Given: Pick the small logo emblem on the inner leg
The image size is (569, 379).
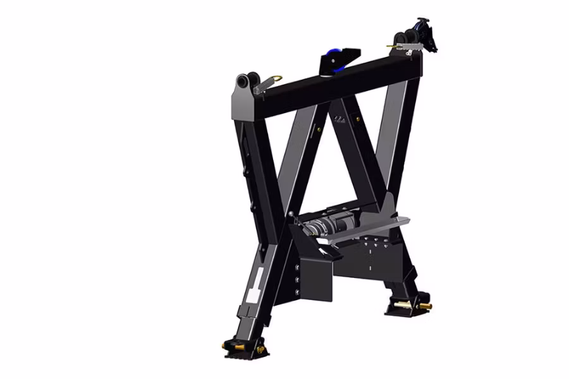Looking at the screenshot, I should coord(341,119).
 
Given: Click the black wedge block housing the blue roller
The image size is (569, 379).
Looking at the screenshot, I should coord(341,60).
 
